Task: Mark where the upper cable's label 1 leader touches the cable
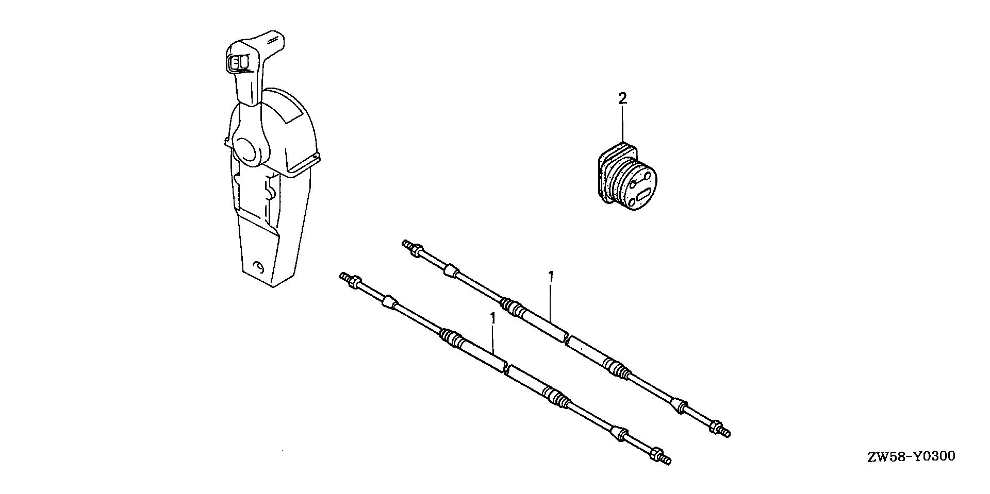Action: tap(551, 320)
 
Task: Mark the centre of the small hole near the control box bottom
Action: tap(259, 267)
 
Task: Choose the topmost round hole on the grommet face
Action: tap(646, 178)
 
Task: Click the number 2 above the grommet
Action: tap(623, 98)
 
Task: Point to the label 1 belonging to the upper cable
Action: tap(551, 277)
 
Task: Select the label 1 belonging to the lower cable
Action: tap(492, 318)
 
